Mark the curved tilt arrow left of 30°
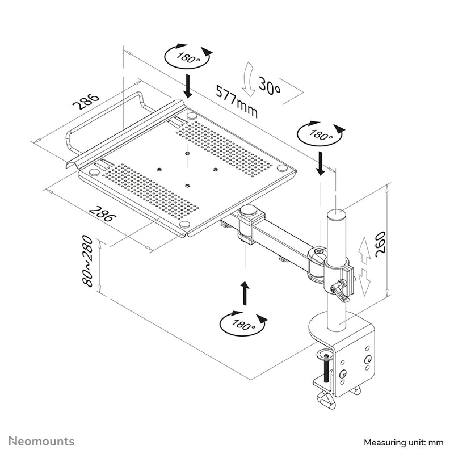coord(247,79)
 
